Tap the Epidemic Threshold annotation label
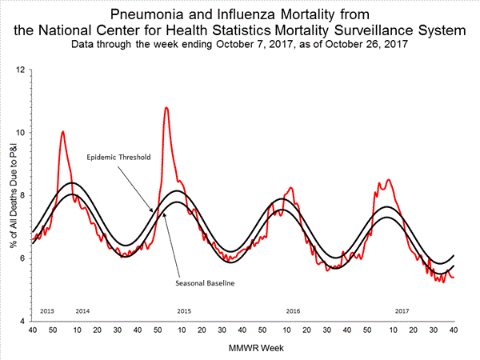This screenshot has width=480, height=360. (118, 158)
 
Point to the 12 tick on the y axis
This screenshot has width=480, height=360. (22, 70)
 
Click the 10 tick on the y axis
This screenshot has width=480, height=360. (22, 133)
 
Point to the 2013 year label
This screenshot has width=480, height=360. (47, 310)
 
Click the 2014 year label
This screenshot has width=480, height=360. (82, 310)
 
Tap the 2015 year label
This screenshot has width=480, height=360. (185, 310)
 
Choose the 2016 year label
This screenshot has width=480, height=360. (293, 310)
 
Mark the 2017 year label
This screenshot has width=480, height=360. (402, 310)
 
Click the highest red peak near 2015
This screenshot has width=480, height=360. (166, 107)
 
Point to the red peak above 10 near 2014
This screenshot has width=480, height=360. (62, 131)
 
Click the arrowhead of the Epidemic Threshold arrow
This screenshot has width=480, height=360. (153, 211)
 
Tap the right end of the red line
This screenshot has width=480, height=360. (454, 278)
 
